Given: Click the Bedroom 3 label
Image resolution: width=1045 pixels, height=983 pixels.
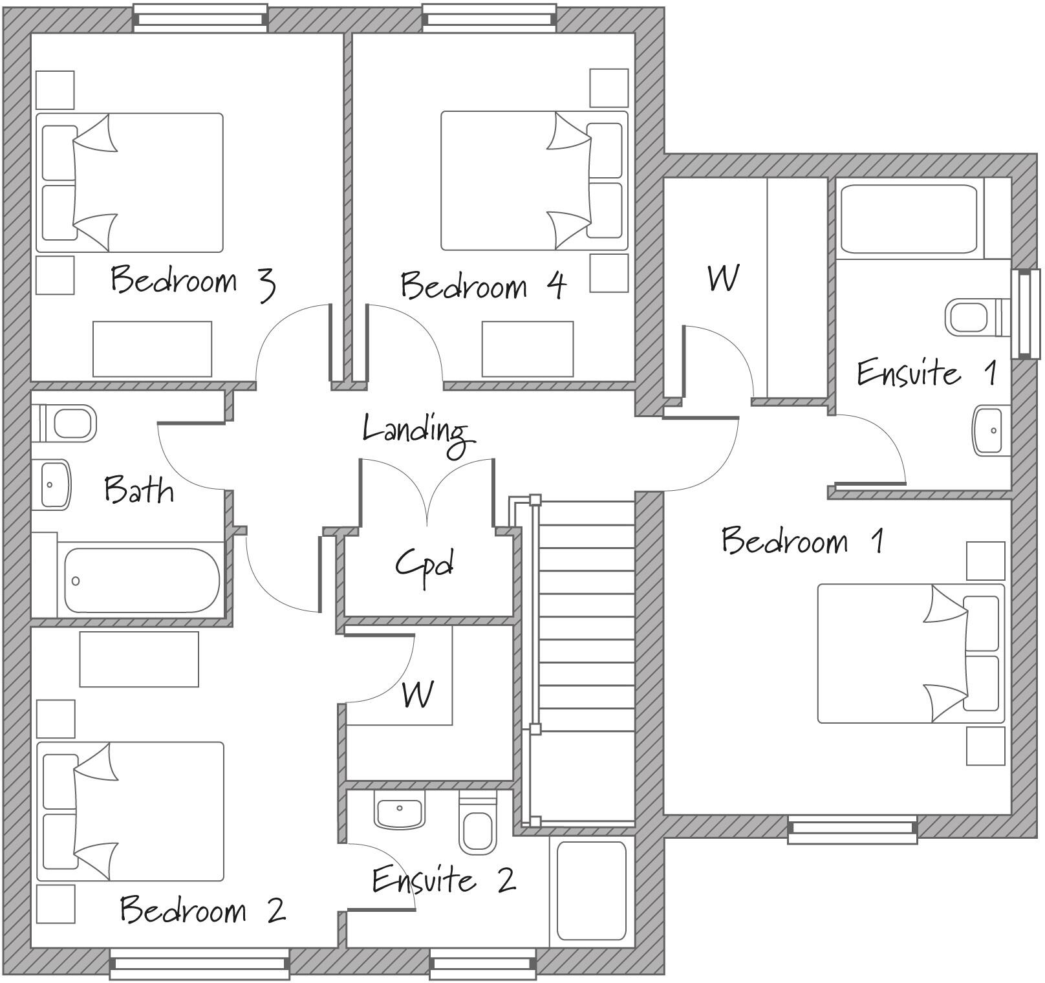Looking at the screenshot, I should click(193, 281).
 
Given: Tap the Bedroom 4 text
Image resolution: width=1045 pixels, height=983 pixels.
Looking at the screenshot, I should click(482, 285).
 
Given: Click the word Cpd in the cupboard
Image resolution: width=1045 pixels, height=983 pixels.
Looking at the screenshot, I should click(424, 565).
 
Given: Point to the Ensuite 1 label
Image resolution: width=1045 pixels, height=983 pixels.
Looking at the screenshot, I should click(925, 373).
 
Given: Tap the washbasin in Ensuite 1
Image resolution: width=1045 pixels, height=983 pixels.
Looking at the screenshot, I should click(991, 430).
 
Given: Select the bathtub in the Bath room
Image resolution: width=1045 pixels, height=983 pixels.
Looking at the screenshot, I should click(141, 580).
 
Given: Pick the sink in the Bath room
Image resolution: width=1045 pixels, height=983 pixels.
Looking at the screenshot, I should click(54, 484).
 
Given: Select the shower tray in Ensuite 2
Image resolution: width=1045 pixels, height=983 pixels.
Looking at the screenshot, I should click(591, 891).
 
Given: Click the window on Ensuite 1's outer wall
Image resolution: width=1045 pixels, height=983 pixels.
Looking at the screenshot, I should click(1025, 315).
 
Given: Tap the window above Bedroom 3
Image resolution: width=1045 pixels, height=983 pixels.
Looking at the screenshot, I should click(200, 18).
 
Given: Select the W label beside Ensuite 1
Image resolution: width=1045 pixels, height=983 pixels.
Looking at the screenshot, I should click(722, 279).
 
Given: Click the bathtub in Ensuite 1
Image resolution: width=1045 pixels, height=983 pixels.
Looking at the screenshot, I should click(908, 220).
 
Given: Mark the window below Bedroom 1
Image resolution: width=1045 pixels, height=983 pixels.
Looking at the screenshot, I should click(852, 829).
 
